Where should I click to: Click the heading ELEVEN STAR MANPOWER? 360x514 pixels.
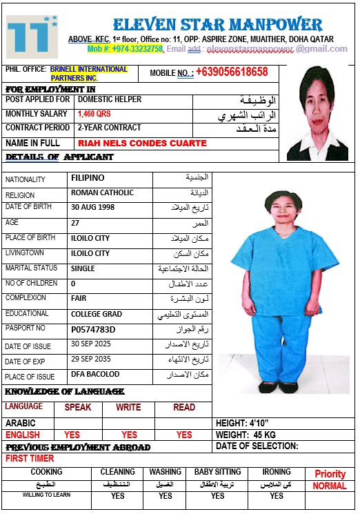217,26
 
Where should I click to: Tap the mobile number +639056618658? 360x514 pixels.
231,72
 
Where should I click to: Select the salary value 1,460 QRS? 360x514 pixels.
94,114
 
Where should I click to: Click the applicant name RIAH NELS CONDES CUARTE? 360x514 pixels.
142,144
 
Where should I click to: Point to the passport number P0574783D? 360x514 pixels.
93,329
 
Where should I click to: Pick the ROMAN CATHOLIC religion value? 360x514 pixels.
102,193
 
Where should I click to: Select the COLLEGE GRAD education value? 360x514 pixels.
97,314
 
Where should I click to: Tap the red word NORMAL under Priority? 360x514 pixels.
330,486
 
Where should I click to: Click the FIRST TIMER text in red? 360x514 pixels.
30,458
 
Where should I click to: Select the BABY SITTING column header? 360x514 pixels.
217,473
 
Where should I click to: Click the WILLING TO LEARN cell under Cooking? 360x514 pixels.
46,495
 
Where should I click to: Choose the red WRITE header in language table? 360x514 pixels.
128,408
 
